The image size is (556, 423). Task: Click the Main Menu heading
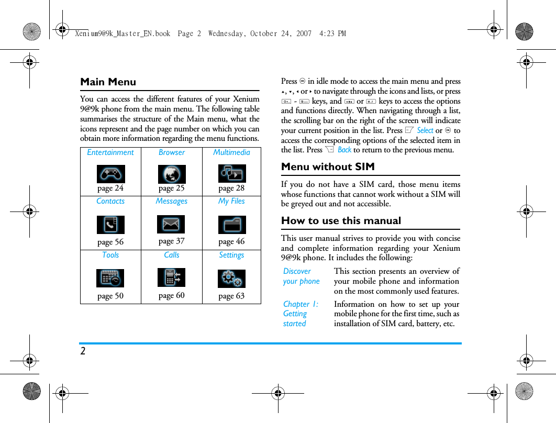[x=108, y=82]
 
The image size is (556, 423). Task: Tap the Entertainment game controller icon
[x=110, y=174]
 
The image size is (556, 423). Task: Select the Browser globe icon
[x=172, y=174]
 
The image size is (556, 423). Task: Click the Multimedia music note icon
[x=232, y=173]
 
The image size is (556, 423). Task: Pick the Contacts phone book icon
[x=110, y=225]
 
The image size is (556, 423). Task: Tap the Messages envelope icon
[x=171, y=224]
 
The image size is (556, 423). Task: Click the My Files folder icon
[x=232, y=225]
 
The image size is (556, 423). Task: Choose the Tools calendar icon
[x=110, y=278]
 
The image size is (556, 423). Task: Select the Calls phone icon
[x=171, y=277]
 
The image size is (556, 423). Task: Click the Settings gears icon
[x=232, y=279]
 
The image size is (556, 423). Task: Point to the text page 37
[x=171, y=241]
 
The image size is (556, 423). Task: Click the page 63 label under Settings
[x=231, y=296]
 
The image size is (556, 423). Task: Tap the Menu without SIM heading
[x=328, y=166]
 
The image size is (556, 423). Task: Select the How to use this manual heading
[x=341, y=220]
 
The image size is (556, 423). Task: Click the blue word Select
[x=425, y=130]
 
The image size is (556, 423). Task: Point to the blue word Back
[x=344, y=150]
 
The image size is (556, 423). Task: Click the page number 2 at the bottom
[x=83, y=351]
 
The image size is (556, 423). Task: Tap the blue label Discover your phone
[x=301, y=276]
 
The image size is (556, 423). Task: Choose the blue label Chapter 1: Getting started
[x=300, y=314]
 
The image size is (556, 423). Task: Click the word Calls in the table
[x=171, y=255]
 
